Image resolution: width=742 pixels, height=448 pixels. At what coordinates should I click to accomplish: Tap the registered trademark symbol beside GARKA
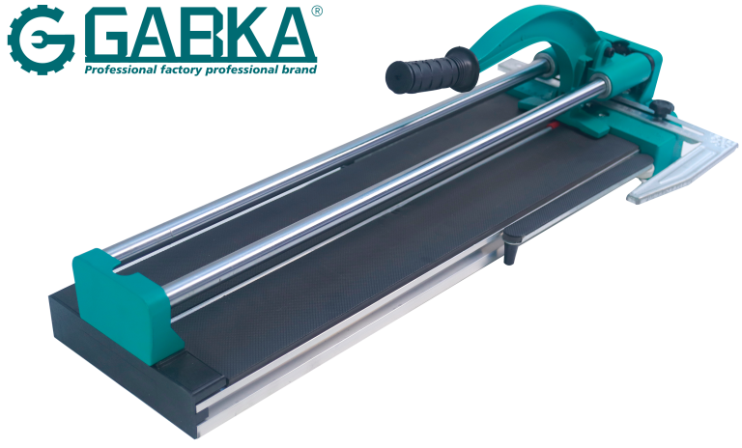pyautogui.click(x=316, y=13)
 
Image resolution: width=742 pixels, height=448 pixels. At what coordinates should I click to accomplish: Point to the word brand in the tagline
pyautogui.click(x=296, y=70)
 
